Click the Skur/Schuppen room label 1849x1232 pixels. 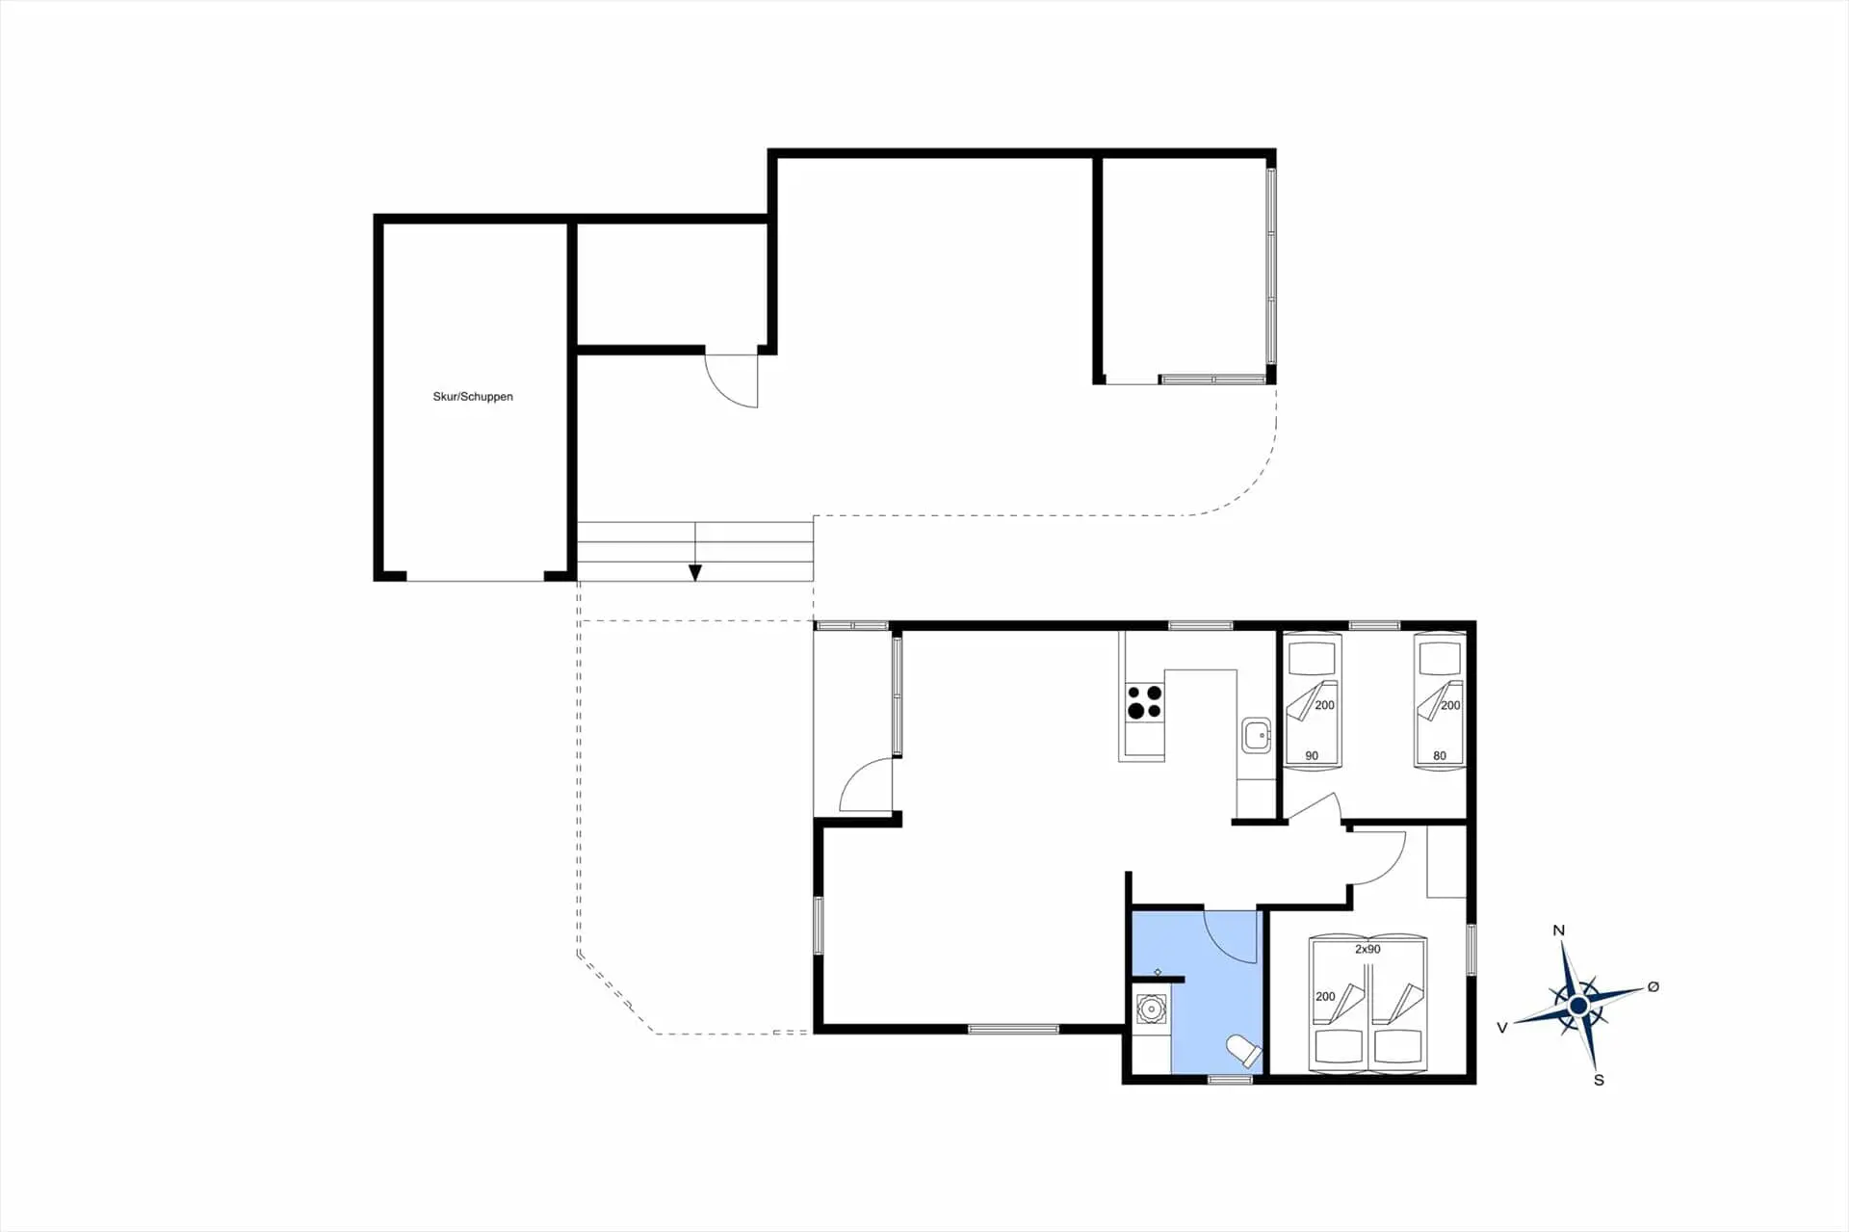coord(473,397)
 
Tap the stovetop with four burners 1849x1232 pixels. coord(1144,702)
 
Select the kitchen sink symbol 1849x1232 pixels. coord(1256,735)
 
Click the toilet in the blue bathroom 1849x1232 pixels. coord(1243,1051)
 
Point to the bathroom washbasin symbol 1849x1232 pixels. coord(1151,1009)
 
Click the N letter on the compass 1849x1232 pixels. coord(1558,931)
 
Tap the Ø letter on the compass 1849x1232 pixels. coord(1654,986)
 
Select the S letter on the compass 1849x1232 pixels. coord(1599,1080)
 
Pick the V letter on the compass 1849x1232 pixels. coord(1501,1028)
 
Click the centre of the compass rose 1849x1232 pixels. coord(1578,1006)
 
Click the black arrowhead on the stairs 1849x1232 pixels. coord(695,573)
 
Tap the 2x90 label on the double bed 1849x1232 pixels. coord(1367,949)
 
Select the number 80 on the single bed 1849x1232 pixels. coord(1440,756)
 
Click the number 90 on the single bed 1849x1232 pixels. coord(1312,756)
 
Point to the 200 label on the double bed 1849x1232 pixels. coord(1325,996)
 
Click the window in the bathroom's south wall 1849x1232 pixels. coord(1230,1080)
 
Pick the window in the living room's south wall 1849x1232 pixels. coord(1013,1030)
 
